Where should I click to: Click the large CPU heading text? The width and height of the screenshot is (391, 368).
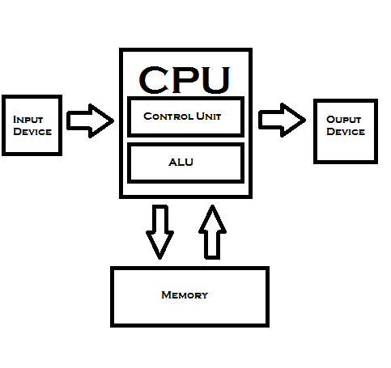tap(185, 78)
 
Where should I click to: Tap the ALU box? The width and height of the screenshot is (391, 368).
tap(186, 163)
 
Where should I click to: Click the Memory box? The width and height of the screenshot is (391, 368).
tap(189, 295)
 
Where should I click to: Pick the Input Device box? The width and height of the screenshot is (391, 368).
tap(32, 126)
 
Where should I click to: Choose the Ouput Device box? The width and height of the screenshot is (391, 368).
tap(346, 131)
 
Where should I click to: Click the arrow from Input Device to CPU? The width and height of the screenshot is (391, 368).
tap(90, 121)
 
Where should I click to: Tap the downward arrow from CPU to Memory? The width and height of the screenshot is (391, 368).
tap(159, 231)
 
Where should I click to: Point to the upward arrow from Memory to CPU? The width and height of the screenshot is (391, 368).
tap(213, 231)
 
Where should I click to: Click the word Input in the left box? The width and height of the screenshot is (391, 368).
tap(28, 120)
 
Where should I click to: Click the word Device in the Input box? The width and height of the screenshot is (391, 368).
tap(32, 132)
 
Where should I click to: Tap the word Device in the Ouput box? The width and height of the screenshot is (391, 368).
tap(346, 132)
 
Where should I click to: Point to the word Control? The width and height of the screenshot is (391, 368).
tap(167, 116)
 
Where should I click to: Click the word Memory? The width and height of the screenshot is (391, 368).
tap(185, 295)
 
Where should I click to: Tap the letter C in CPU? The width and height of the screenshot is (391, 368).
tap(155, 79)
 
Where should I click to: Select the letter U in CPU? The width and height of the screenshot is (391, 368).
tap(214, 79)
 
